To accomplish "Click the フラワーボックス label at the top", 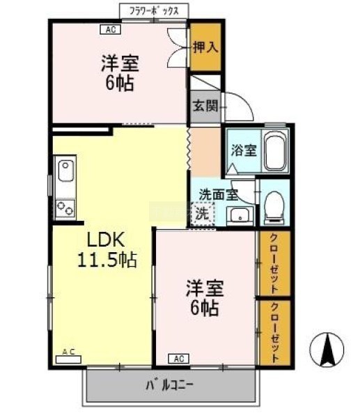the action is pos(154,11).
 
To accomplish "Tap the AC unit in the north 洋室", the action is pos(111,29).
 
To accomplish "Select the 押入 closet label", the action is pos(205,47).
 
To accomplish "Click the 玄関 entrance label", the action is pos(205,106).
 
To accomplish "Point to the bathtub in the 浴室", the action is pos(275,151).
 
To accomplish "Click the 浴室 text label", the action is pos(244,150).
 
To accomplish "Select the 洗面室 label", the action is pos(219,194).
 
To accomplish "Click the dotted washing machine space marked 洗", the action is pos(202,214).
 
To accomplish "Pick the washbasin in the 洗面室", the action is pos(240,215).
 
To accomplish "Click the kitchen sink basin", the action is pos(66,171).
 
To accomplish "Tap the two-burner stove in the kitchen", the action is pos(65,208).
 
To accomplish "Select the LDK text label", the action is pos(106,240).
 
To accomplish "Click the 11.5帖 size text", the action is pos(107,260).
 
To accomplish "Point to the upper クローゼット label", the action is pos(274,263).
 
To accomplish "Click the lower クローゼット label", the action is pos(274,333).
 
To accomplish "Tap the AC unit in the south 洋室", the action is pos(178,359).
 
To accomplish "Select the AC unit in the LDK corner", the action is pos(68,357).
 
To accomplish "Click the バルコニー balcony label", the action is pos(170,385).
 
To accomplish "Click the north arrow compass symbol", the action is pos(327,350).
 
